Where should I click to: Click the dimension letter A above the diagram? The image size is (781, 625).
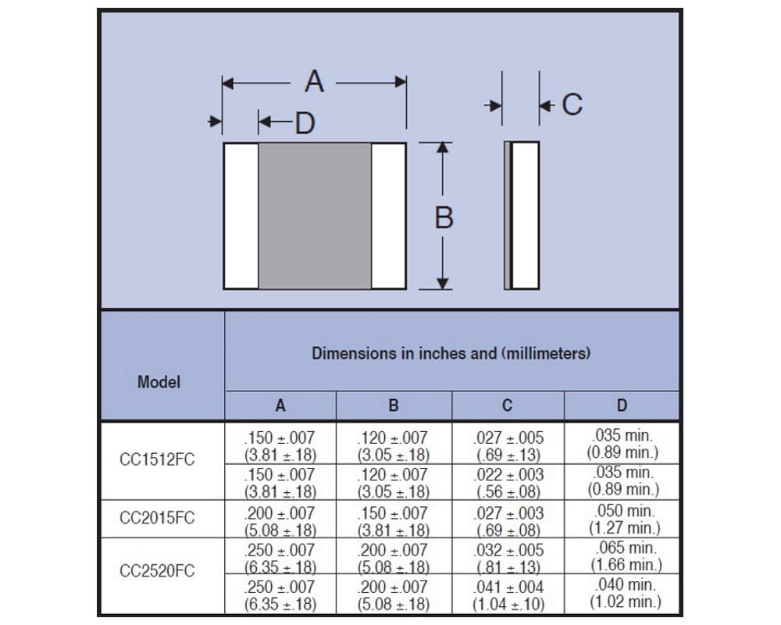click(x=314, y=81)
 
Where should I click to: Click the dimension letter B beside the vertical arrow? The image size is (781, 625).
click(x=444, y=218)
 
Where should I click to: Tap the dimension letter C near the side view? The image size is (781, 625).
click(x=572, y=105)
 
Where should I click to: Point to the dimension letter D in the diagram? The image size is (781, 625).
click(x=305, y=123)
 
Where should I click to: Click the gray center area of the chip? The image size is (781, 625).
click(x=315, y=216)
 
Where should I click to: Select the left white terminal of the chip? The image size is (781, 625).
click(x=241, y=216)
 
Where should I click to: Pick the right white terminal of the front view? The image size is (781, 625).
click(x=388, y=216)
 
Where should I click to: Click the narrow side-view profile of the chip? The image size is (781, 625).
click(x=522, y=216)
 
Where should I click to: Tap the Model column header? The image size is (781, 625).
click(x=159, y=382)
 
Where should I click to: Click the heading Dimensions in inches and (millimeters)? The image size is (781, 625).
click(x=451, y=353)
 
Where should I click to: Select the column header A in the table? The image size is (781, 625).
click(x=280, y=405)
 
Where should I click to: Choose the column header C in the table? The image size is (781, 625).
click(x=507, y=405)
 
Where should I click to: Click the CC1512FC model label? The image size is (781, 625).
click(x=157, y=459)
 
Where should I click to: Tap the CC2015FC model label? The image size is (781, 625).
click(x=157, y=518)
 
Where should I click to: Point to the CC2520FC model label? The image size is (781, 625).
click(x=157, y=570)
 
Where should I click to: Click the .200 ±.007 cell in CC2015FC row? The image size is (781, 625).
click(x=280, y=513)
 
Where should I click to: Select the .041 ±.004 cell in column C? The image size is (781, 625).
click(x=508, y=587)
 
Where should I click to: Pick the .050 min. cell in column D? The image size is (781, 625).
click(x=625, y=511)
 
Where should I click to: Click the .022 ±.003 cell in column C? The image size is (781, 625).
click(x=508, y=475)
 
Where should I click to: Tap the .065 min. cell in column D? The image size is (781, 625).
click(x=626, y=548)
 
